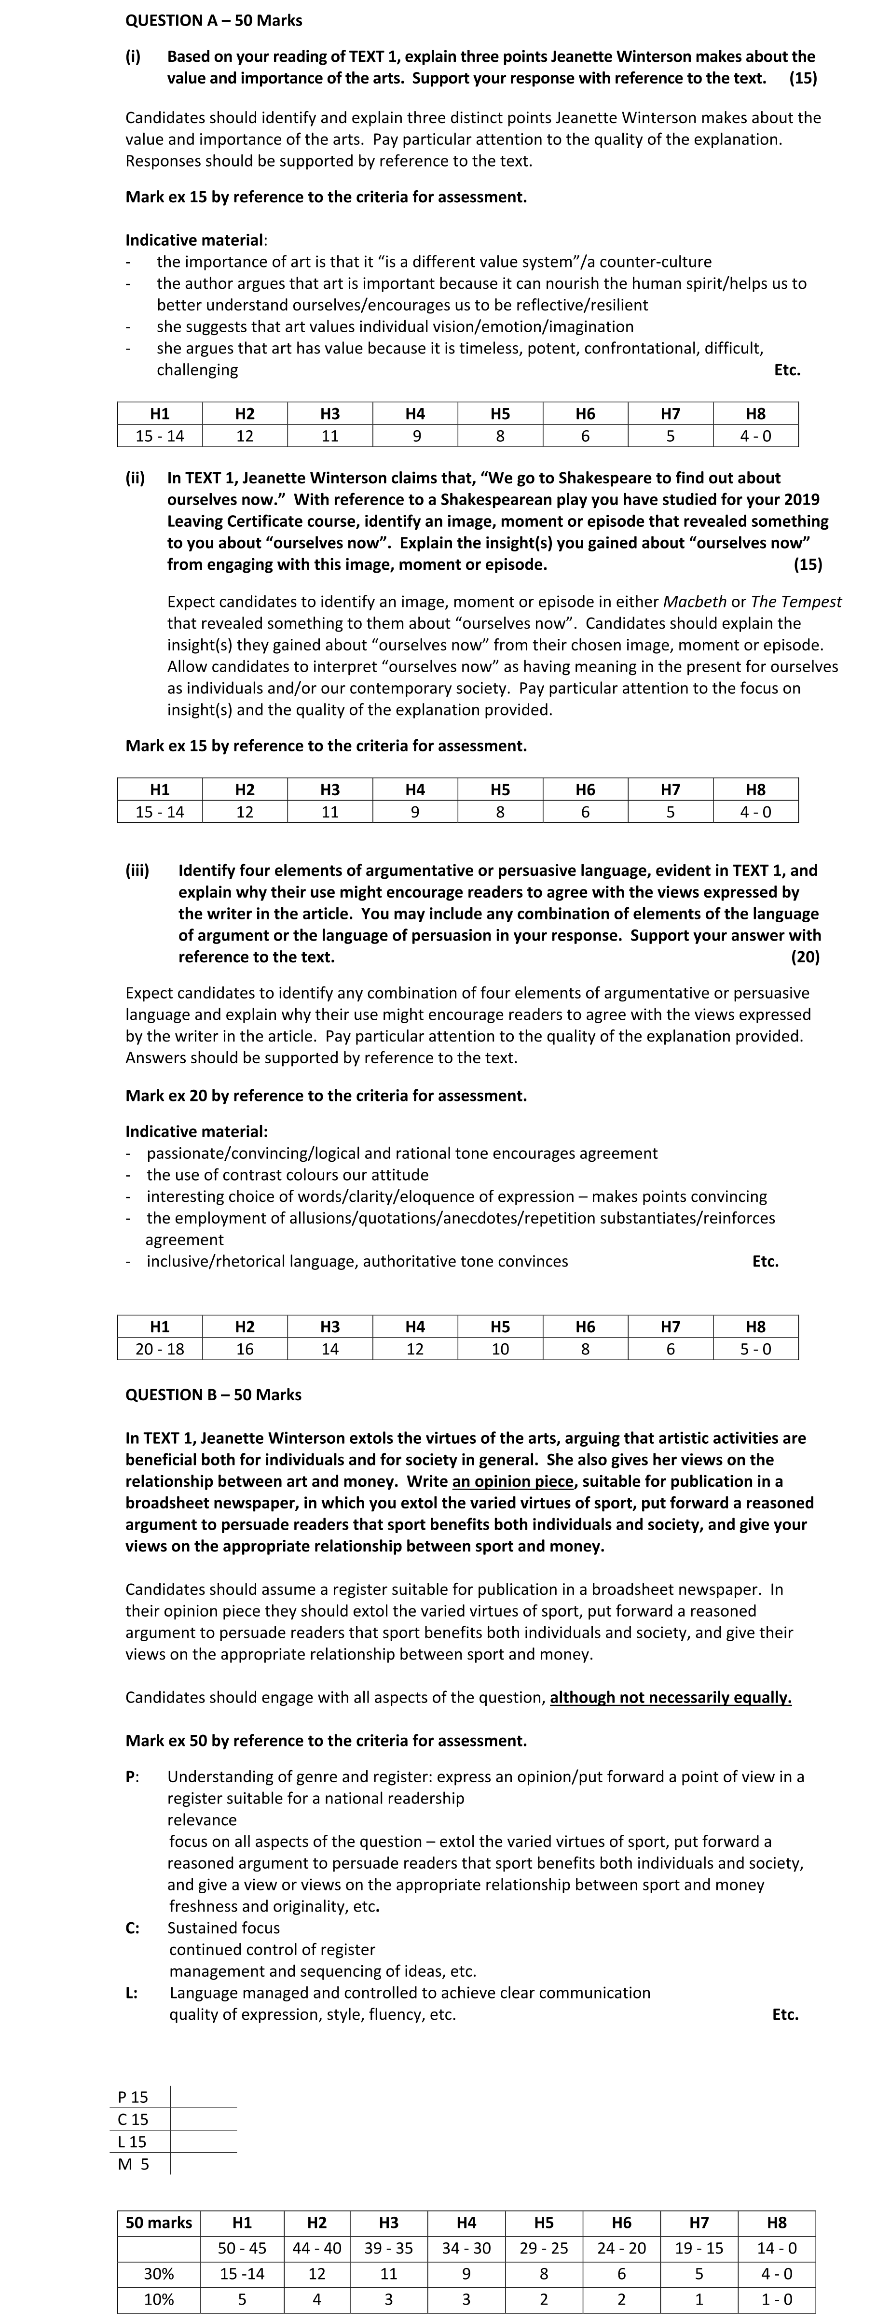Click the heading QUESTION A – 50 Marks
coord(214,20)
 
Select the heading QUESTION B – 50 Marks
coord(214,1394)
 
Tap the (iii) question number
coord(137,870)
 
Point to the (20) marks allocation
coord(805,957)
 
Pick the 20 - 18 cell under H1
coord(160,1349)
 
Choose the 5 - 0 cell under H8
coord(755,1349)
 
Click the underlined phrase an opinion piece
coord(512,1481)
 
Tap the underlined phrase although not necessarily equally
coord(671,1697)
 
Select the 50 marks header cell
coord(159,2223)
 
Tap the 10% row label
coord(159,2299)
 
